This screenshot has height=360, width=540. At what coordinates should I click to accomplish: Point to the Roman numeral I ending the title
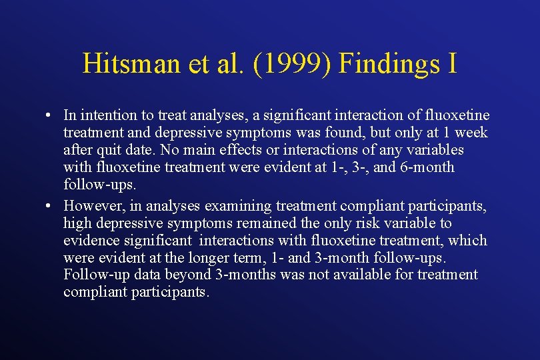[452, 64]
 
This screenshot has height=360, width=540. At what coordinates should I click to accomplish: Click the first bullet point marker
[51, 115]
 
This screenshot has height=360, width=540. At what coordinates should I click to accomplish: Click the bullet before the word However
[51, 206]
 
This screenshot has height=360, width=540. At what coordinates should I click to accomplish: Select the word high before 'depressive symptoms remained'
[76, 223]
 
